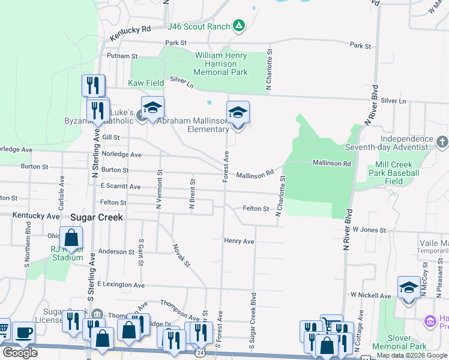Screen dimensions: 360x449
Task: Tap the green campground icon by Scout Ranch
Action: point(239,25)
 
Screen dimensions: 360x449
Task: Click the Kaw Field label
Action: point(146,83)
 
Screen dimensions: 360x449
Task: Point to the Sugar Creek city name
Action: point(96,217)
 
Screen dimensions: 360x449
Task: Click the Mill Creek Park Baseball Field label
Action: point(397,173)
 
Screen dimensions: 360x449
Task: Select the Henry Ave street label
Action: point(240,241)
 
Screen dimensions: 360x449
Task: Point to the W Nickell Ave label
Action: point(371,295)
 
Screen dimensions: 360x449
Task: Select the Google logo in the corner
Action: point(20,353)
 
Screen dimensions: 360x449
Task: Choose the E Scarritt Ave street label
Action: point(121,187)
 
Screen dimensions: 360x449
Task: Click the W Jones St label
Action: point(369,229)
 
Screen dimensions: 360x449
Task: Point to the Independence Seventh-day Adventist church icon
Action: point(442,142)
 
